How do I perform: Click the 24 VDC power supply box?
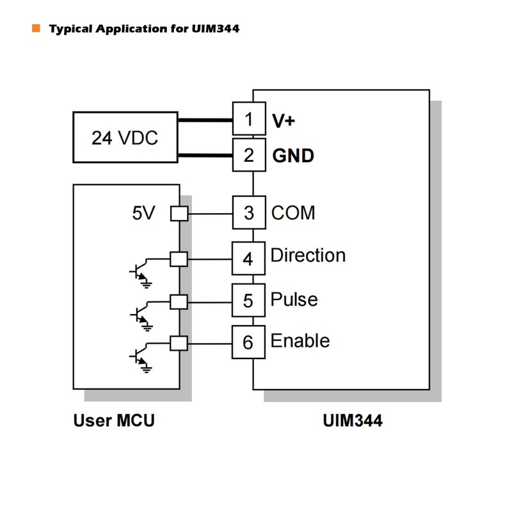click(125, 138)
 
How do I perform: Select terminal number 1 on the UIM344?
click(248, 119)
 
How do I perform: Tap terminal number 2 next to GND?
click(248, 155)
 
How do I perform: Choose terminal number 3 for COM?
click(248, 213)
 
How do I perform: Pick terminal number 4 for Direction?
click(248, 259)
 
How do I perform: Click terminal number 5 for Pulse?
click(248, 300)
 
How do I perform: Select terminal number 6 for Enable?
click(248, 342)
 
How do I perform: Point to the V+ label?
click(284, 120)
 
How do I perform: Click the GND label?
click(293, 156)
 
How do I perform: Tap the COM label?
click(293, 212)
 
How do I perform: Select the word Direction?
click(308, 255)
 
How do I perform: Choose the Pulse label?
click(294, 300)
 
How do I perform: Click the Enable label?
click(300, 340)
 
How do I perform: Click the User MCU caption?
click(114, 420)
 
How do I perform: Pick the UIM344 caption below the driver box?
click(353, 420)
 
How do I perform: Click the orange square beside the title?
click(36, 28)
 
